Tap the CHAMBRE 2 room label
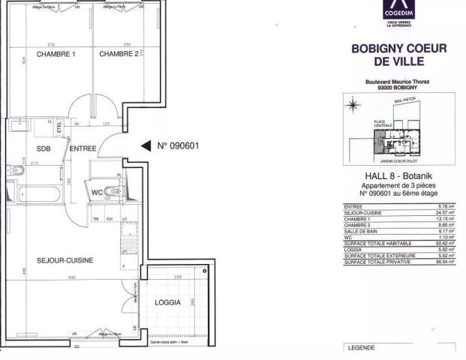click(x=119, y=53)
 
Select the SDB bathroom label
click(x=44, y=148)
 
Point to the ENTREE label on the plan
click(x=83, y=148)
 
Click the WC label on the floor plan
click(x=97, y=193)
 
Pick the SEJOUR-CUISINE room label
click(x=65, y=260)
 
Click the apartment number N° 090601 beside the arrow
click(x=178, y=146)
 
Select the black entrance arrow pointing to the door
click(x=146, y=147)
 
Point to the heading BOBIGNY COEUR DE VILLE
click(x=399, y=55)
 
